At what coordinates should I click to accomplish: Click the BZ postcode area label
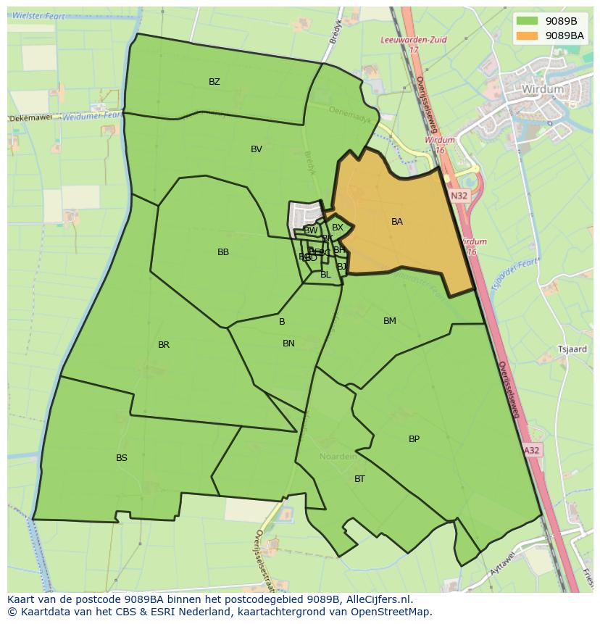(x=214, y=82)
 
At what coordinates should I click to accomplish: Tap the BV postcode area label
(x=257, y=149)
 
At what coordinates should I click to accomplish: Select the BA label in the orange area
(x=397, y=222)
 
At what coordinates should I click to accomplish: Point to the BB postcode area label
(x=223, y=252)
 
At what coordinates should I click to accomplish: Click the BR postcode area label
(x=164, y=345)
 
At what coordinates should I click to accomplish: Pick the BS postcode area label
(x=122, y=458)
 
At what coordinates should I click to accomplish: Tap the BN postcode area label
(x=288, y=344)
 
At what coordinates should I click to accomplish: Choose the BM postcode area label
(x=390, y=321)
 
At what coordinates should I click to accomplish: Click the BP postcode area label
(x=414, y=439)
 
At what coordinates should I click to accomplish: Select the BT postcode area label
(x=359, y=479)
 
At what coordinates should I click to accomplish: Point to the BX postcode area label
(x=338, y=228)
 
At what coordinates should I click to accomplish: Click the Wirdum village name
(x=542, y=89)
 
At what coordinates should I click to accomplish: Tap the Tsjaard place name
(x=572, y=349)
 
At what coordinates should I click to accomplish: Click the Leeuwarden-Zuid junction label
(x=414, y=41)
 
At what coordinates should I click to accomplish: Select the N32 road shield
(x=458, y=196)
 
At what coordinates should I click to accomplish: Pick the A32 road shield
(x=532, y=450)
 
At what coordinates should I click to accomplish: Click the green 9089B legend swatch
(x=528, y=21)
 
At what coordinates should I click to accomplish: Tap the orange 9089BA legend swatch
(x=528, y=36)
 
